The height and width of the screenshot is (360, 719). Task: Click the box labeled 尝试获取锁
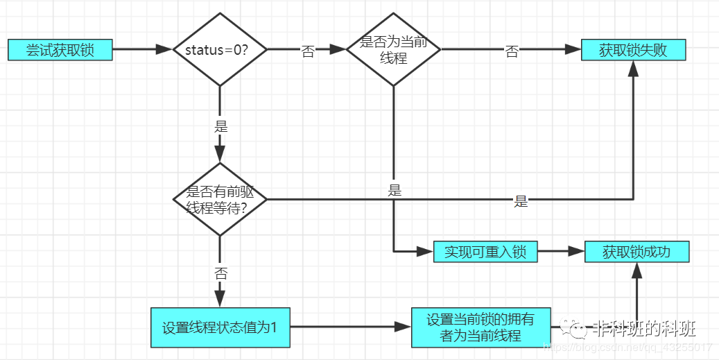60,50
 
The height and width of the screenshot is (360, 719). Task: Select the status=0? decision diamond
219,50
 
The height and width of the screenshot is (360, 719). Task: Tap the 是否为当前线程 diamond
394,50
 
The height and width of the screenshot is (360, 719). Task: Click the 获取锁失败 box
633,50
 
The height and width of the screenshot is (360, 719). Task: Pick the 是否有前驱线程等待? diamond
219,200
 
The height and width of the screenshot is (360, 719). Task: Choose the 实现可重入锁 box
485,251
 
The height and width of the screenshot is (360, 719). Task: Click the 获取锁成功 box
636,251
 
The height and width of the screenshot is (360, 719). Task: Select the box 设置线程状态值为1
220,327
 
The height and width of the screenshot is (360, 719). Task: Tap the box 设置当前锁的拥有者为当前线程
481,327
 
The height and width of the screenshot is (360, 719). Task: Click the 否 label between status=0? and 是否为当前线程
308,52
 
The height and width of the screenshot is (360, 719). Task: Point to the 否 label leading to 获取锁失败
512,52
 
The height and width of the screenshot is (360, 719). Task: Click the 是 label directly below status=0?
221,127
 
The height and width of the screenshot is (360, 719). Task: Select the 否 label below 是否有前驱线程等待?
220,273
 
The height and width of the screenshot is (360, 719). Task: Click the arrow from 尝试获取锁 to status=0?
141,50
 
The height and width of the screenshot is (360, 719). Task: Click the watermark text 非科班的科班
644,328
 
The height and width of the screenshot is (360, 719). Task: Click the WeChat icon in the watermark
575,328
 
